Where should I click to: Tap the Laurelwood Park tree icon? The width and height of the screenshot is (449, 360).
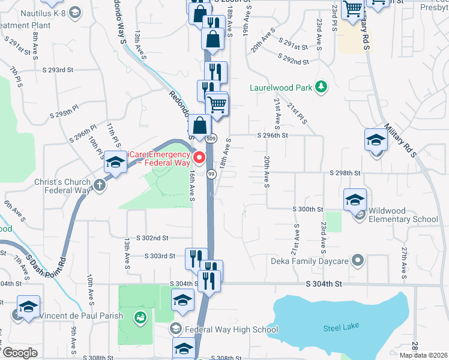tap(322, 87)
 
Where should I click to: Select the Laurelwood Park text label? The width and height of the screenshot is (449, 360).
tap(281, 88)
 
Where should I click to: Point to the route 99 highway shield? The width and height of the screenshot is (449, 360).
tap(211, 173)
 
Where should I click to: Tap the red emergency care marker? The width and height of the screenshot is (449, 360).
tap(199, 158)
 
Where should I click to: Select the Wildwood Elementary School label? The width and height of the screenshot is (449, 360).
tap(404, 215)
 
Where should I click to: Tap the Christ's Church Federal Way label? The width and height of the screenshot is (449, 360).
tap(67, 187)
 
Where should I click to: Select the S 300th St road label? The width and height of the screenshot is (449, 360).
tap(308, 209)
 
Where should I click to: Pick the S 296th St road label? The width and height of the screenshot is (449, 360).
tap(273, 136)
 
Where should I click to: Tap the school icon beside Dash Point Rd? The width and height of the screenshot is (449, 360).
tap(114, 162)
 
